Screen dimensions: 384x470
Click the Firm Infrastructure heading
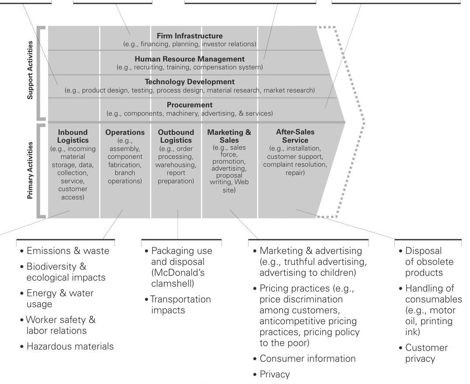(x=190, y=36)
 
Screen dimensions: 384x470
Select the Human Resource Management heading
(x=190, y=59)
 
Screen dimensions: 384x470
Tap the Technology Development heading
(x=190, y=82)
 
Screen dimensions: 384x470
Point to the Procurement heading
(x=190, y=105)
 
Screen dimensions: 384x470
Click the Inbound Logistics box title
(x=73, y=136)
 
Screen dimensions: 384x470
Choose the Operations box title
(x=125, y=132)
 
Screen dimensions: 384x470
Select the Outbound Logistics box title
(x=176, y=136)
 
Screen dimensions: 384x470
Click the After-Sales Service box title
(x=295, y=136)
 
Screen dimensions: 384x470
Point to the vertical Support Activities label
(x=30, y=70)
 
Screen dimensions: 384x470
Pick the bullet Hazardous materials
(x=70, y=346)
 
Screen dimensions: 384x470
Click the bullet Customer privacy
(x=426, y=353)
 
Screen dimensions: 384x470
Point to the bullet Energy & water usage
(x=60, y=298)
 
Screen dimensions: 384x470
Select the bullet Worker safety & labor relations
(x=61, y=325)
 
